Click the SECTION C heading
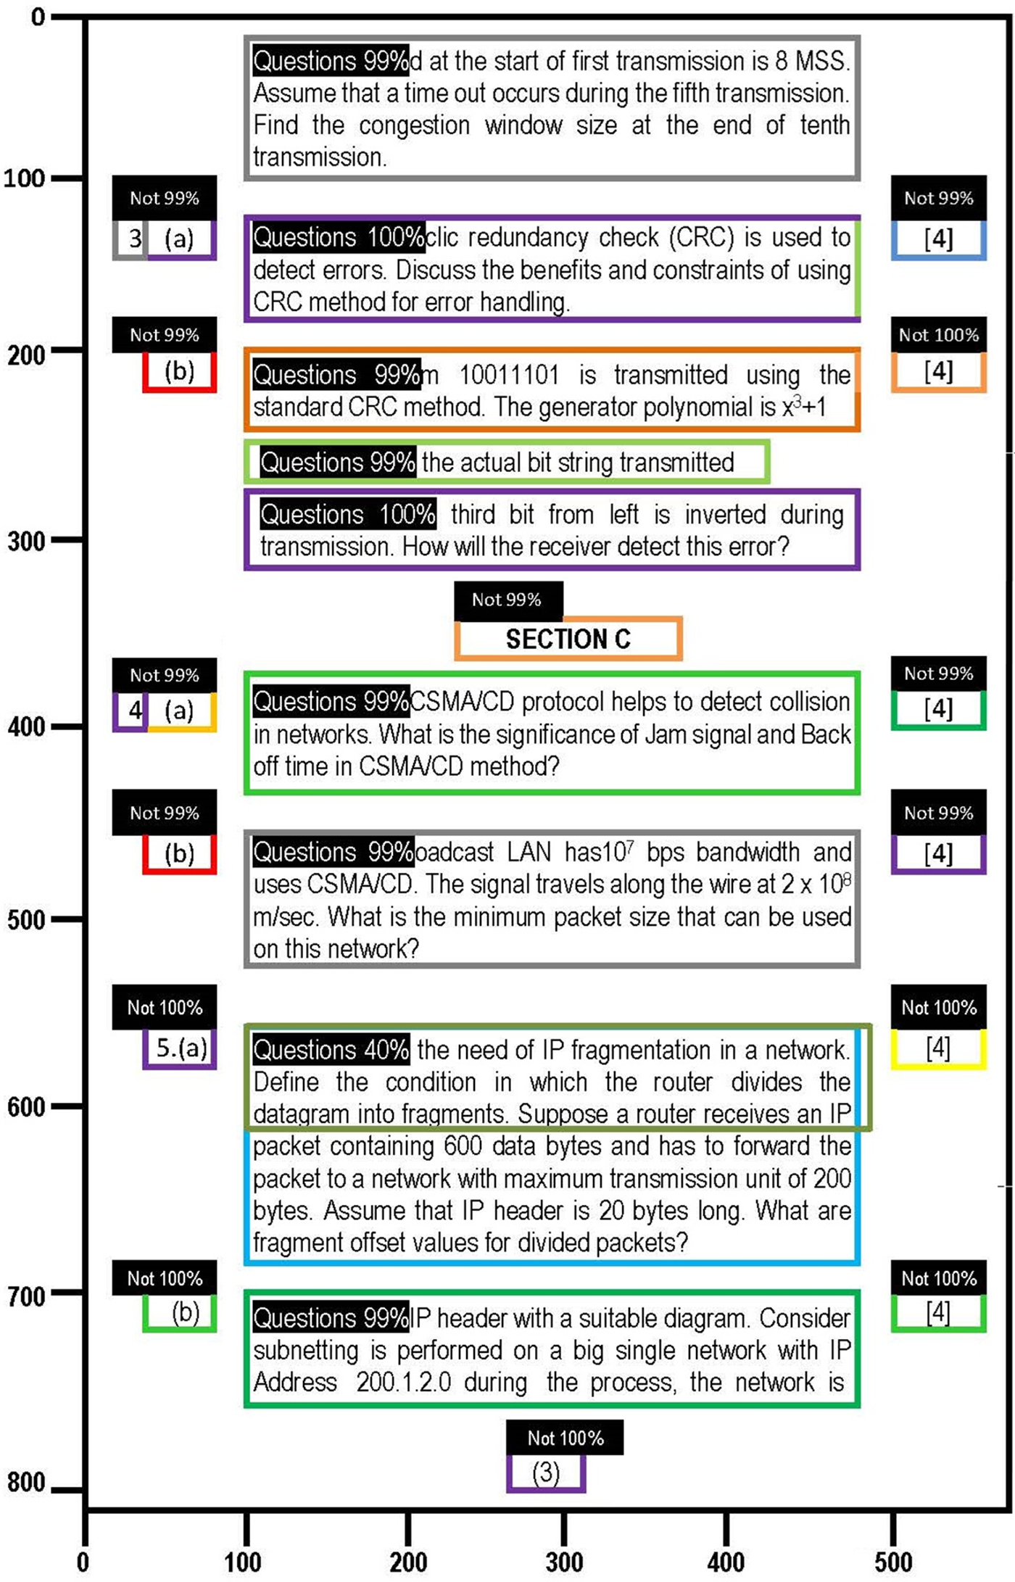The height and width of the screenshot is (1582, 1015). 568,639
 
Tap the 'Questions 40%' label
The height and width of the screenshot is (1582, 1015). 331,1049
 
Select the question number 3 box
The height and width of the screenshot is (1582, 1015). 134,239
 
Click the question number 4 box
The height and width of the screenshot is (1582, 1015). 134,710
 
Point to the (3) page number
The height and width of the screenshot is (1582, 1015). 546,1473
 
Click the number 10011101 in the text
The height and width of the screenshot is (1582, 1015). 509,376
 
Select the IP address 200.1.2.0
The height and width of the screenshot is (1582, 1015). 403,1382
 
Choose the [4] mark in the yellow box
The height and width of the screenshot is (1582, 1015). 938,1048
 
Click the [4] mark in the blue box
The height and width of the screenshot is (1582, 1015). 938,239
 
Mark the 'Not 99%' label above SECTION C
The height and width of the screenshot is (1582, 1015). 507,600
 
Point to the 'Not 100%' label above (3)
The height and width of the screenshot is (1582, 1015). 565,1438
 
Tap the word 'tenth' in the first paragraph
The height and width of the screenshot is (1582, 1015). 824,125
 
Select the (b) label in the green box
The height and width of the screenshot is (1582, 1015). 186,1312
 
